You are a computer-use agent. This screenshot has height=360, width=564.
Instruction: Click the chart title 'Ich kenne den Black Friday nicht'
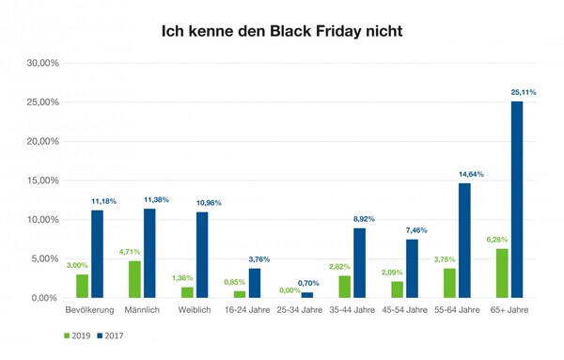(282, 31)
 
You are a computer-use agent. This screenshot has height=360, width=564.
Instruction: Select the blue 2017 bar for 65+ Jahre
(517, 199)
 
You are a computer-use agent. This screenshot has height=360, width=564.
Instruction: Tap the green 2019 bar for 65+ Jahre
(502, 274)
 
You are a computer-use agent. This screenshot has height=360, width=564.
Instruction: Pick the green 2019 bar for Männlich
(133, 279)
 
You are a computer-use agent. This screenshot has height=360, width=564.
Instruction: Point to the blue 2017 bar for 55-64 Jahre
(464, 241)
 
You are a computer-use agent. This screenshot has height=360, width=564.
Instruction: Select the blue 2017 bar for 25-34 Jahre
(306, 295)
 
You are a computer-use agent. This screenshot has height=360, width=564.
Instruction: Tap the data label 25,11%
(522, 92)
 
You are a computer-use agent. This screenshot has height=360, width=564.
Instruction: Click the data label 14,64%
(469, 175)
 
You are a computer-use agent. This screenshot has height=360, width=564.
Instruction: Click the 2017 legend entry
(109, 335)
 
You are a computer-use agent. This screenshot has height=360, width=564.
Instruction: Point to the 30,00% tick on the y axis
(42, 63)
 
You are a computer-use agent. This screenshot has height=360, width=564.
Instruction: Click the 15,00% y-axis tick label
(42, 180)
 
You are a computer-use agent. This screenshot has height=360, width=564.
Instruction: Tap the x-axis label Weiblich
(194, 310)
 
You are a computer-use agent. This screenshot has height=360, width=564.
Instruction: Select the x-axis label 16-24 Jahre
(246, 310)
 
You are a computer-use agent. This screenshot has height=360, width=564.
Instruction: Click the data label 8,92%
(364, 219)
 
